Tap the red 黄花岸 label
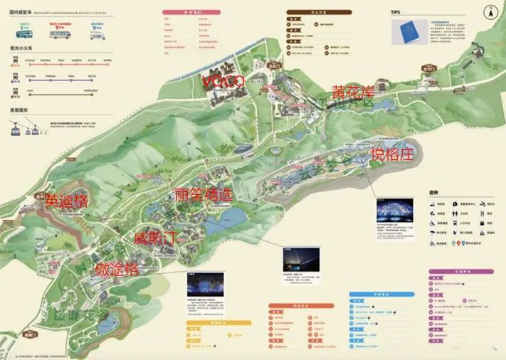(x=352, y=92)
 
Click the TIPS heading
(x=396, y=12)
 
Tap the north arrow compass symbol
(x=489, y=11)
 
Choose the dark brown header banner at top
(x=307, y=12)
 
